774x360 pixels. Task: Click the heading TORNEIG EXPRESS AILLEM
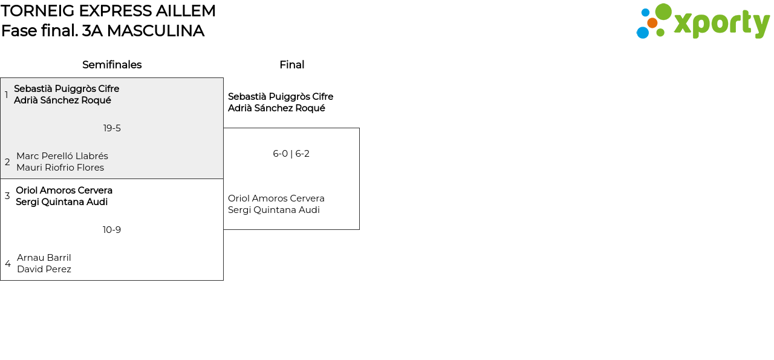tap(108, 11)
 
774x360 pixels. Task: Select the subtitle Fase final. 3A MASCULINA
tap(103, 31)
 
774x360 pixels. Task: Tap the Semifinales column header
tap(112, 65)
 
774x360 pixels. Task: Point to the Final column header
tap(291, 65)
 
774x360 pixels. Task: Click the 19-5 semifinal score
tap(112, 128)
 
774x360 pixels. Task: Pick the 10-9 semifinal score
tap(112, 230)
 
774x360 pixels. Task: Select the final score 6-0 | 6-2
tap(291, 154)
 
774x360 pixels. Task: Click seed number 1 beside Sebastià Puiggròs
tap(7, 95)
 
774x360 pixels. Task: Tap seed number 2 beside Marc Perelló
tap(7, 162)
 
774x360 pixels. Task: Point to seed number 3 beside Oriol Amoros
tap(7, 196)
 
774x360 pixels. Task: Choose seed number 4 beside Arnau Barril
tap(8, 264)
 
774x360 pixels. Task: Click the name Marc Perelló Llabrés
tap(62, 156)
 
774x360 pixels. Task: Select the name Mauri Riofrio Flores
tap(60, 168)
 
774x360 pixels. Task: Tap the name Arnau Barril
tap(44, 258)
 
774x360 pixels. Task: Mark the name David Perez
tap(44, 269)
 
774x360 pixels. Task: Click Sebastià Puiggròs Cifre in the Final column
tap(281, 97)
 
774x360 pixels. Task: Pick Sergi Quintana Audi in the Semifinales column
tap(62, 202)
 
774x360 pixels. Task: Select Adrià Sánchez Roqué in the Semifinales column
tap(62, 100)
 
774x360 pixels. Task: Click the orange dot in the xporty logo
tap(652, 23)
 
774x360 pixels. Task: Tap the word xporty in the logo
tap(721, 24)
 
